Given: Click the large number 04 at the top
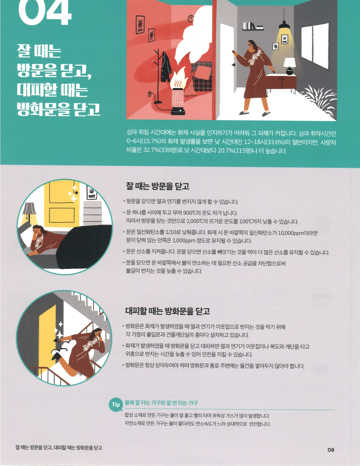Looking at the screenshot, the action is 45,13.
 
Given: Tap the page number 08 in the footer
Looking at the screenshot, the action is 331,450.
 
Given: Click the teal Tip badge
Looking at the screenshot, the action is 116,404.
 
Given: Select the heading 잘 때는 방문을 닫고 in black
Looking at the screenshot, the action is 157,186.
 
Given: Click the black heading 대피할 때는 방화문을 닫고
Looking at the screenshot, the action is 168,311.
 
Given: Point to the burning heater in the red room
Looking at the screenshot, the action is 178,95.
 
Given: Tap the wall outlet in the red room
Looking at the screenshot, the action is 150,95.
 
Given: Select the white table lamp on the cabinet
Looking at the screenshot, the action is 289,66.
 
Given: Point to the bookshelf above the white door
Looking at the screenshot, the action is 253,27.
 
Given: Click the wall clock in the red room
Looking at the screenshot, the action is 190,19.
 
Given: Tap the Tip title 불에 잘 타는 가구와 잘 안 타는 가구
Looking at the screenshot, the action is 161,403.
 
